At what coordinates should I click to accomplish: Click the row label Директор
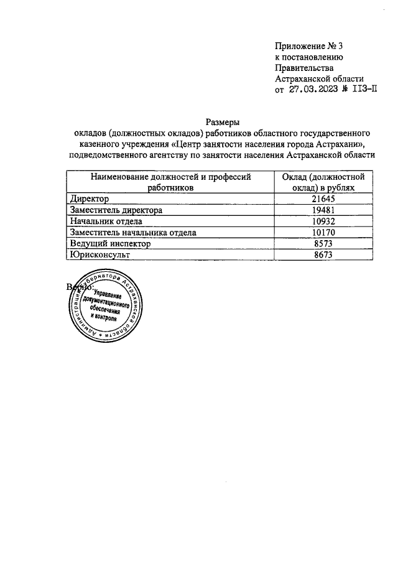[90, 198]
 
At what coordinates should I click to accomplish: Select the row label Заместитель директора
[116, 210]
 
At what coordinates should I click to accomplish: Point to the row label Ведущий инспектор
[111, 244]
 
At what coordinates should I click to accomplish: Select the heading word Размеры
[222, 122]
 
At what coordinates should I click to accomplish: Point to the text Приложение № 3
[308, 47]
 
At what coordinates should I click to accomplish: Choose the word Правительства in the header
[304, 68]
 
